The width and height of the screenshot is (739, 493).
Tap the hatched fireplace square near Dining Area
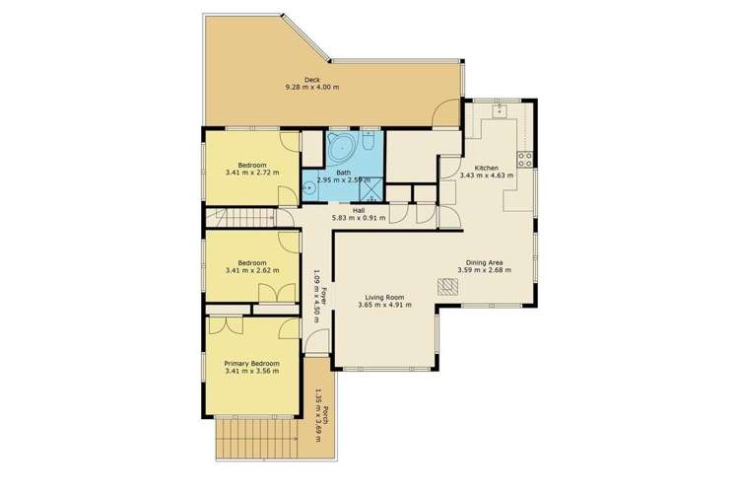pyautogui.click(x=448, y=286)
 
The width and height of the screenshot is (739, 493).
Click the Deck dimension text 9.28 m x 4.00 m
pyautogui.click(x=311, y=87)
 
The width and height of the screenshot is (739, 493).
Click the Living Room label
pyautogui.click(x=385, y=296)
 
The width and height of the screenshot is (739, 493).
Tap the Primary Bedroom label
pyautogui.click(x=252, y=363)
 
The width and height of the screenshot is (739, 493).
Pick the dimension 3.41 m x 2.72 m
pyautogui.click(x=252, y=174)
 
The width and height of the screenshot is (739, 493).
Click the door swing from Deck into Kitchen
pyautogui.click(x=449, y=112)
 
